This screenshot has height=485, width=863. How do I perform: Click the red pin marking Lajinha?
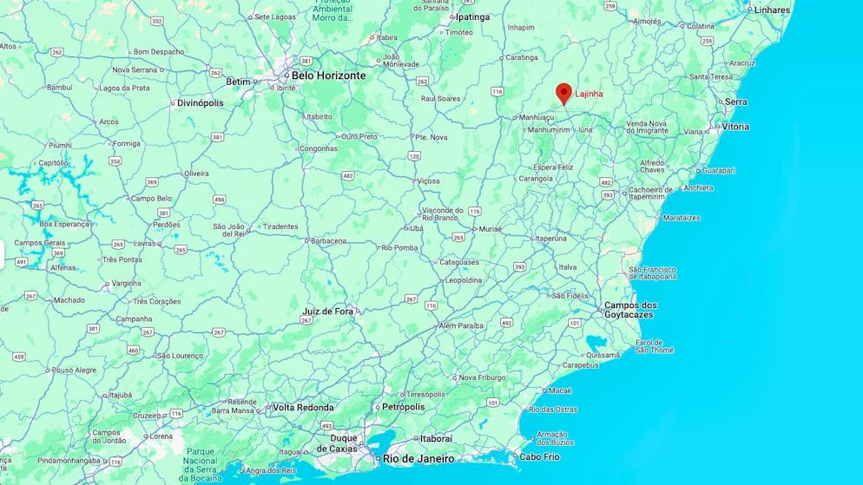[563, 93]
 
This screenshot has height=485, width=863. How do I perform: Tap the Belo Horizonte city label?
[328, 75]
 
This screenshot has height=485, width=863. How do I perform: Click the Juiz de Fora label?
[328, 311]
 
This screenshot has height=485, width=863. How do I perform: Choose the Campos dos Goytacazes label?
[630, 311]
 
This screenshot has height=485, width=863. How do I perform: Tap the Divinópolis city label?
[200, 102]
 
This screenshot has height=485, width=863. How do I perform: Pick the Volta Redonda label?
[303, 407]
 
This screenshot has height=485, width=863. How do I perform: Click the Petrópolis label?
[404, 407]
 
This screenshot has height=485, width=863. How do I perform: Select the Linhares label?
[773, 10]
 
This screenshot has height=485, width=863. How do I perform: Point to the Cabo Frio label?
[539, 456]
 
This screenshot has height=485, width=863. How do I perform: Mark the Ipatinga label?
[472, 16]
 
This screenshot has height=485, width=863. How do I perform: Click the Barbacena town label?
[328, 240]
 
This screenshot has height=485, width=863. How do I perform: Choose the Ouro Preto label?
[359, 136]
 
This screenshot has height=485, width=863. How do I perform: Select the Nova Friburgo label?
[483, 377]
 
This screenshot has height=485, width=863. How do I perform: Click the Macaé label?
[561, 390]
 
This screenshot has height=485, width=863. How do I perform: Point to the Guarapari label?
[719, 171]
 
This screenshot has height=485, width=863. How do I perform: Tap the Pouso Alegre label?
[74, 370]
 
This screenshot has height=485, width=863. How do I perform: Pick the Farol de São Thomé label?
[654, 345]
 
